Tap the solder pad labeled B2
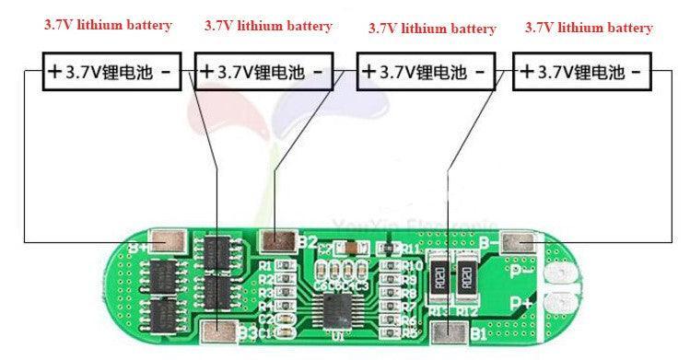point(275,241)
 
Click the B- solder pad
point(522,243)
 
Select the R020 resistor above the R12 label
point(467,275)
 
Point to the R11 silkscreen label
point(412,250)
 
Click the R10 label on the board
point(412,266)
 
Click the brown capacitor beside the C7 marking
point(351,249)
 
